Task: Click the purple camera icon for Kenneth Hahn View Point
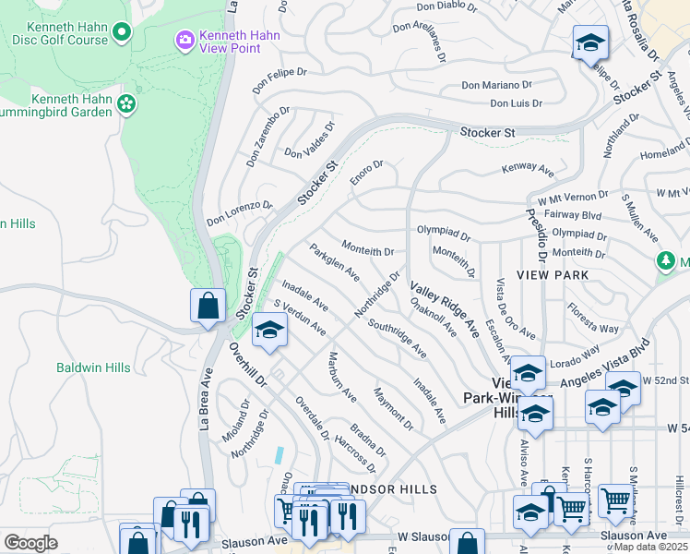point(184,39)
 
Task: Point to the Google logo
point(30,542)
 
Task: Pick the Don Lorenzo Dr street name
point(240,214)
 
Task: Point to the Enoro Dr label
point(367,172)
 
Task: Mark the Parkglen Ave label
point(334,262)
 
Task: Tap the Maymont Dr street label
point(393,407)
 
